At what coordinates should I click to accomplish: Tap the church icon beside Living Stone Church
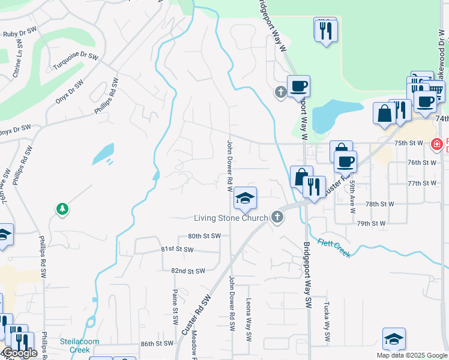pyautogui.click(x=277, y=217)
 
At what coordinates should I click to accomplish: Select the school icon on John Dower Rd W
pyautogui.click(x=245, y=198)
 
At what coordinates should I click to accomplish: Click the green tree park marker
pyautogui.click(x=62, y=209)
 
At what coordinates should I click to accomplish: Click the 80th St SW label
pyautogui.click(x=204, y=236)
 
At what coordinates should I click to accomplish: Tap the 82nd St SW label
pyautogui.click(x=188, y=271)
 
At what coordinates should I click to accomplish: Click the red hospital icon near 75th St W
pyautogui.click(x=437, y=143)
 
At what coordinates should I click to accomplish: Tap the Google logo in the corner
pyautogui.click(x=19, y=353)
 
